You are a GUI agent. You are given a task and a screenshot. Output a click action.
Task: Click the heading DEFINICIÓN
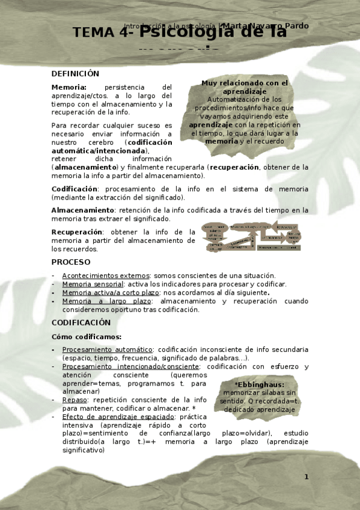(x=75, y=73)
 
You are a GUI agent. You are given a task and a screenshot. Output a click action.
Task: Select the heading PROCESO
(x=71, y=262)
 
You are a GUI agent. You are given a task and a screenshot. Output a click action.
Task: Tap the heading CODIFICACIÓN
(x=81, y=322)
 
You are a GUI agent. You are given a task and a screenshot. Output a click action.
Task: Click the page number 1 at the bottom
(x=306, y=476)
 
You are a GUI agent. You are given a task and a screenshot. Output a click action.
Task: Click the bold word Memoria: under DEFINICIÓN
(x=69, y=87)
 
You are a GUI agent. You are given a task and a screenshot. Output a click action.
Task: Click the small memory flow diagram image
(x=251, y=236)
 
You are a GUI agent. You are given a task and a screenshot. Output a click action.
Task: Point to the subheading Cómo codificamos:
(x=87, y=337)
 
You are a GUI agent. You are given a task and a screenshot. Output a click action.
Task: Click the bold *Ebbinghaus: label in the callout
(x=259, y=384)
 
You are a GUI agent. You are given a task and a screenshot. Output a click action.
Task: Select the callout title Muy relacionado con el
(x=244, y=83)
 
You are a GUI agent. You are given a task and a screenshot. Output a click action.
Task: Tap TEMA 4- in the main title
(x=108, y=33)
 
